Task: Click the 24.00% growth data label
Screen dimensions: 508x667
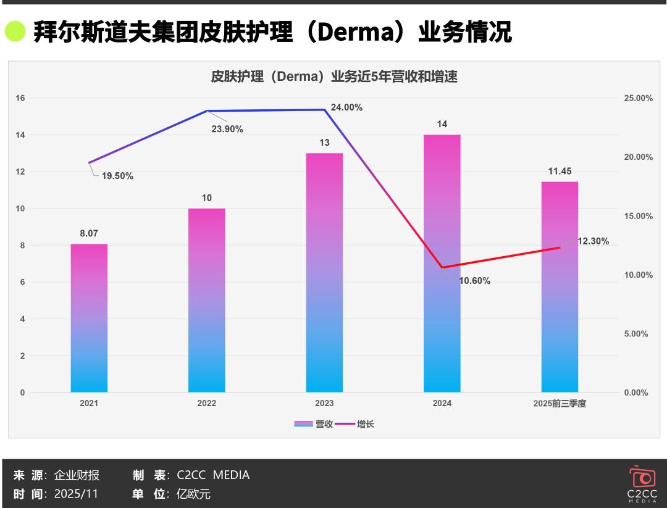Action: tap(346, 107)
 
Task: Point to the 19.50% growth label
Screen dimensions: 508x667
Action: tap(117, 176)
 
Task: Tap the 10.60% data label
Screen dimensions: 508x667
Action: tap(474, 281)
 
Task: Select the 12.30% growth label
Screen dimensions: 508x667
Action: tap(593, 241)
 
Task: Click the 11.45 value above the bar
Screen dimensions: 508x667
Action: tap(560, 171)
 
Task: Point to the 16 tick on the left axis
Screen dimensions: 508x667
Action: tap(20, 98)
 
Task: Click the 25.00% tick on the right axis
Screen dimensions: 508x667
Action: tap(634, 98)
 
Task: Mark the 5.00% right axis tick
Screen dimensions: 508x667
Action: tap(634, 334)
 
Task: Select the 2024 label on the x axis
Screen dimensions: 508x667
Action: tap(442, 404)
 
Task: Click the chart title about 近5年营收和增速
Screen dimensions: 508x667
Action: tap(333, 77)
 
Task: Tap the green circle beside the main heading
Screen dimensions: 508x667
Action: tap(15, 31)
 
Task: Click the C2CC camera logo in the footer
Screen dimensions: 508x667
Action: tap(642, 477)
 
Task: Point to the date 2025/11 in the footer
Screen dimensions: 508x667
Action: tap(76, 494)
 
